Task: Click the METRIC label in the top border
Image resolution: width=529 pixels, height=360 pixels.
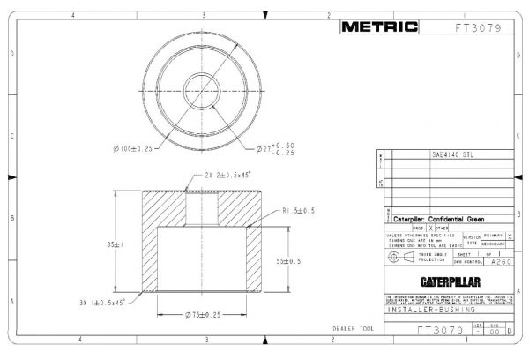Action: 380,26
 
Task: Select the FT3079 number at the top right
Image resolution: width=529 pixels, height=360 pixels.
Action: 478,27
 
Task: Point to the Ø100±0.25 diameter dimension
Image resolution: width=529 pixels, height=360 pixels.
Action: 134,147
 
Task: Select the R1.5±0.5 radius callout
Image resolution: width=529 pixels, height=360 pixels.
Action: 299,211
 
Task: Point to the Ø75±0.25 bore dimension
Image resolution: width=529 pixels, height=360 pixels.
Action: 205,315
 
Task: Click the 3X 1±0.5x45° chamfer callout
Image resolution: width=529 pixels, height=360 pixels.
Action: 102,302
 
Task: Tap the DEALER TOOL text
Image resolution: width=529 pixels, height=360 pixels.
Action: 353,328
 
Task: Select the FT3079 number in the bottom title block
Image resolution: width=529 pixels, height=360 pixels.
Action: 438,331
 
